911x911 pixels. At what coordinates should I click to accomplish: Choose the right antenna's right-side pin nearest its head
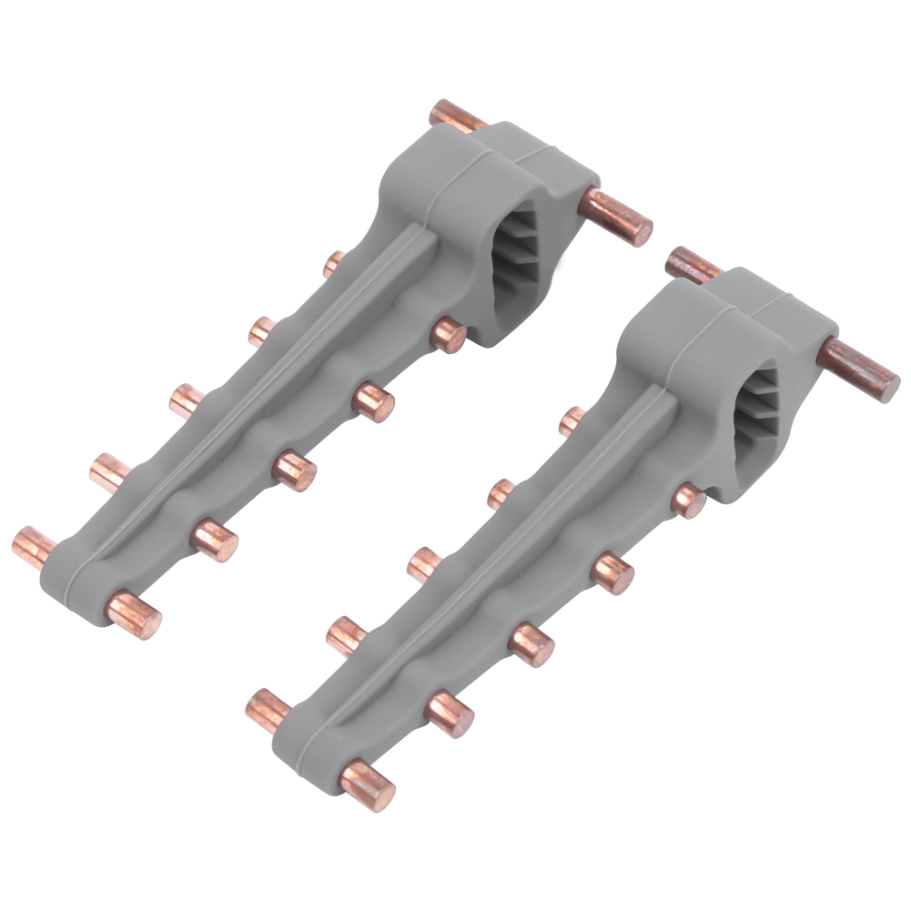(x=688, y=500)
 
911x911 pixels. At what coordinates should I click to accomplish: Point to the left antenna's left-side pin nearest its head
(x=333, y=263)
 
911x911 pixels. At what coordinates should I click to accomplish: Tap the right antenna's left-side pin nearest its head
(x=572, y=420)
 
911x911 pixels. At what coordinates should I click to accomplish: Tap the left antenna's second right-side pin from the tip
(x=215, y=540)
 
